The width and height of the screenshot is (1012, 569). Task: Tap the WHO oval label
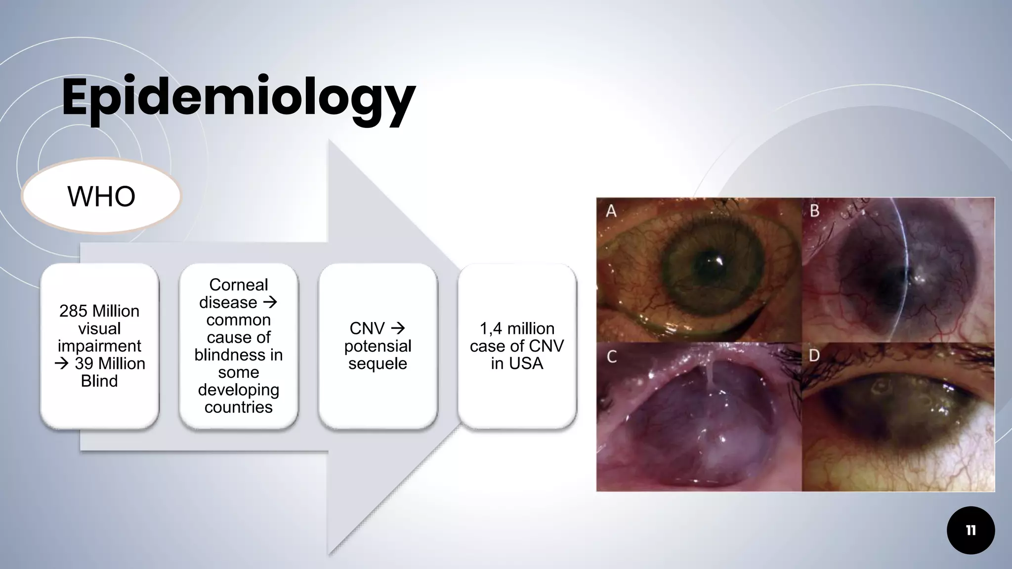click(x=101, y=196)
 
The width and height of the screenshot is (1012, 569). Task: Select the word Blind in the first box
click(x=99, y=381)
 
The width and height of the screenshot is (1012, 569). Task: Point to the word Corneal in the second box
click(x=238, y=284)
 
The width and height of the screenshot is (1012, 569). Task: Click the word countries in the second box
click(x=238, y=407)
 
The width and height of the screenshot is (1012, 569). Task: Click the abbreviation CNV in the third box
click(x=367, y=328)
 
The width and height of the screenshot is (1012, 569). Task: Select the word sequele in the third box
click(x=378, y=364)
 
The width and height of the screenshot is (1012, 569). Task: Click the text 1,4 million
click(x=517, y=328)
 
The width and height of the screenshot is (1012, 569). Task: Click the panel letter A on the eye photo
click(x=611, y=211)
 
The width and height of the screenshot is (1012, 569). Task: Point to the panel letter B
click(x=815, y=211)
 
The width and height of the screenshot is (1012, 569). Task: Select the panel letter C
click(x=612, y=357)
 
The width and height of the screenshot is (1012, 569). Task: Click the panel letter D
click(x=815, y=356)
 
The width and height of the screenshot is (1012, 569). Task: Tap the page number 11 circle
click(x=970, y=530)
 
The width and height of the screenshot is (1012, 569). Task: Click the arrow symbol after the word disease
click(x=270, y=302)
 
